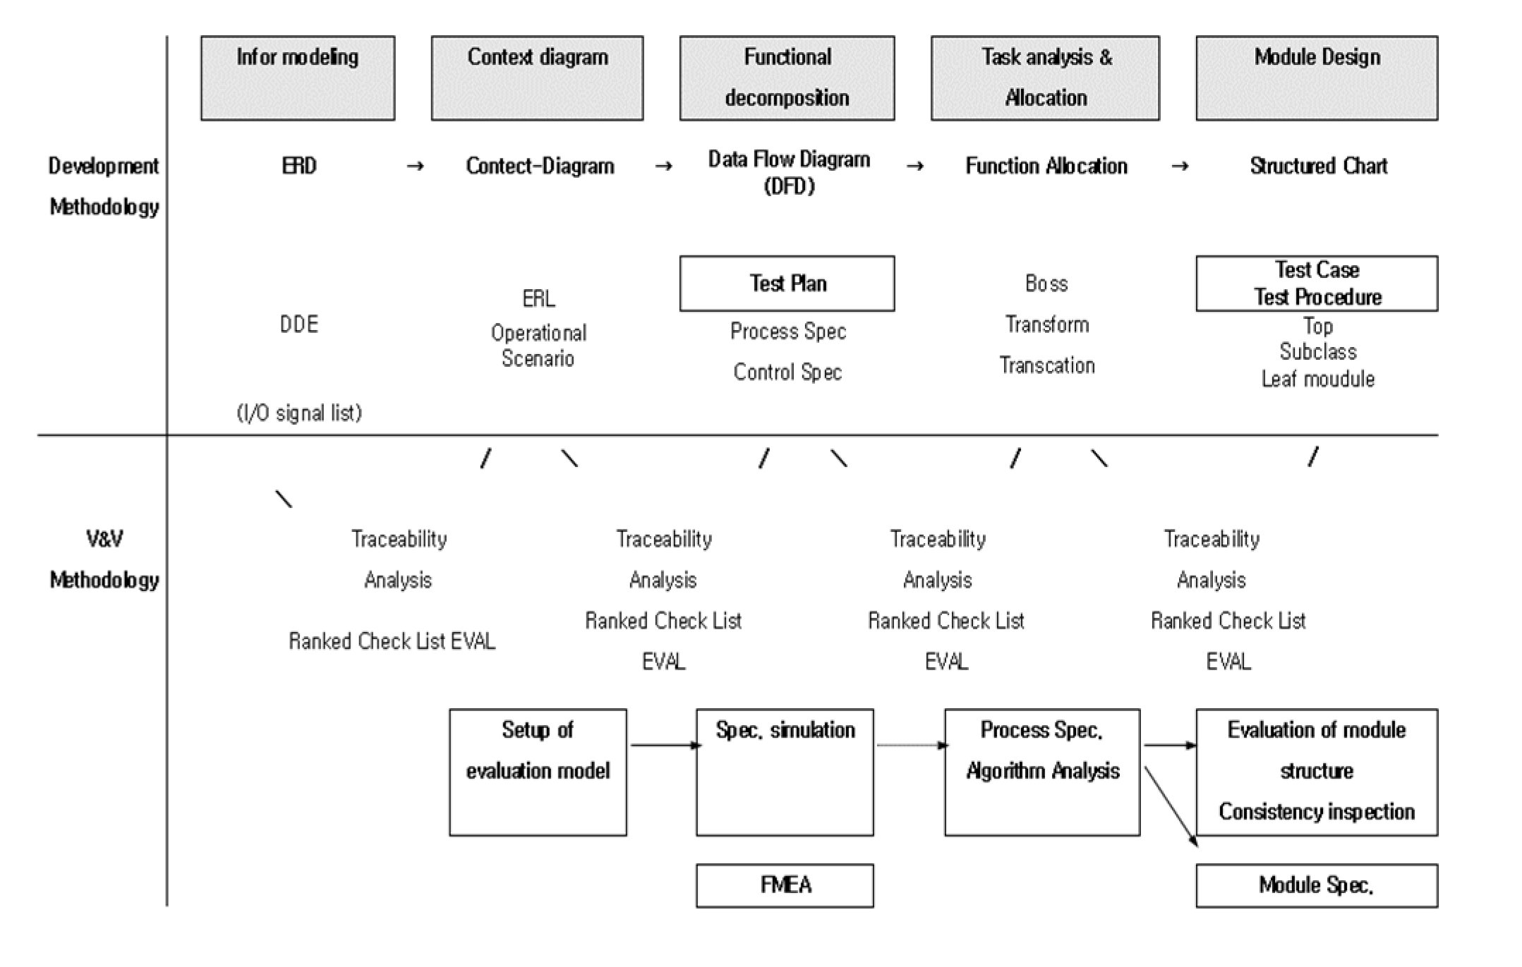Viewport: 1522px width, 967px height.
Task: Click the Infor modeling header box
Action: tap(297, 78)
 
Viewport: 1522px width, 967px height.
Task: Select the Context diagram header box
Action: tap(537, 78)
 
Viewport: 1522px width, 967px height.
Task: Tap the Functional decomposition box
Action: tap(787, 78)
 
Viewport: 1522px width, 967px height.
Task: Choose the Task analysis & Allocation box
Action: tap(1045, 78)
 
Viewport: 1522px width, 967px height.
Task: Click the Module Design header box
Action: tap(1317, 78)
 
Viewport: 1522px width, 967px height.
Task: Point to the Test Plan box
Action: tap(787, 284)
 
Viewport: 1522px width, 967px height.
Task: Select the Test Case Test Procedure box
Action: tap(1317, 284)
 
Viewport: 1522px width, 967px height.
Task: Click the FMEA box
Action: tap(785, 885)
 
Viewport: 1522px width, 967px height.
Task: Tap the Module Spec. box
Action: tap(1317, 885)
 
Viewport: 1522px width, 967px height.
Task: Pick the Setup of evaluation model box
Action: tap(538, 772)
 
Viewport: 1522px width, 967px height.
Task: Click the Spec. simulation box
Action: tap(785, 772)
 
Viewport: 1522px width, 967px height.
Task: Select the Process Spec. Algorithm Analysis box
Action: tap(1042, 772)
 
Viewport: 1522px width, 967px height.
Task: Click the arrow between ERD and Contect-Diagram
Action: tap(416, 166)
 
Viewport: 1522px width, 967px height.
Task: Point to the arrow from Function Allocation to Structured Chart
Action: tap(1180, 166)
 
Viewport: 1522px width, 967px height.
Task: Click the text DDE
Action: tap(299, 324)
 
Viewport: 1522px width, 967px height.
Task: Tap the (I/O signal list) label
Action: tap(299, 413)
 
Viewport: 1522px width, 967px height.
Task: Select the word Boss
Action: tap(1046, 284)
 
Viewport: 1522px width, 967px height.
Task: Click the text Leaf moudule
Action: tap(1317, 379)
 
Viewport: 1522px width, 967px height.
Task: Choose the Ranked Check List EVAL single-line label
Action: tap(392, 641)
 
